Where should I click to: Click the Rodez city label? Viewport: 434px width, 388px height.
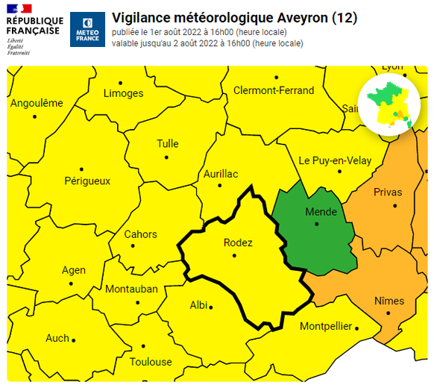coord(238,242)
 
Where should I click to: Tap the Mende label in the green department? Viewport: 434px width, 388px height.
coord(321,212)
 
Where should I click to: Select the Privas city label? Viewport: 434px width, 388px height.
coord(387,192)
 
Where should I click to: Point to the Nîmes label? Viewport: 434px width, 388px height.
coord(389,301)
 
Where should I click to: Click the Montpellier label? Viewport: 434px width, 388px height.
coord(325,326)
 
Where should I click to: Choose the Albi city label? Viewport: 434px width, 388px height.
coord(199,305)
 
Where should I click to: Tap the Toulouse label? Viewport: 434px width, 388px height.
coord(151,362)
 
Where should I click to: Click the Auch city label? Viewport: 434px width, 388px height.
coord(57,338)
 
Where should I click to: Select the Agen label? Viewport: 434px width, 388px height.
coord(74,270)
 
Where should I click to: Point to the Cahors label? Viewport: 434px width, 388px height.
coord(140,234)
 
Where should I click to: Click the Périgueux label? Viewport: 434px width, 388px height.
coord(87,181)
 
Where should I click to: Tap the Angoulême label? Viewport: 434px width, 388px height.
coord(37,104)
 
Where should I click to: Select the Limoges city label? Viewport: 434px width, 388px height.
coord(123,93)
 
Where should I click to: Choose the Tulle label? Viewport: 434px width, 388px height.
coord(168,144)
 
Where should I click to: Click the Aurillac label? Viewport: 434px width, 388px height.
coord(221,174)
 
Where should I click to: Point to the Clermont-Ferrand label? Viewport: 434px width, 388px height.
coord(274,90)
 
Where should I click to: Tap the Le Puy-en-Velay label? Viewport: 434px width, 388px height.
coord(335,160)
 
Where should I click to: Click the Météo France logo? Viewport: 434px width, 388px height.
coord(87,30)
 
